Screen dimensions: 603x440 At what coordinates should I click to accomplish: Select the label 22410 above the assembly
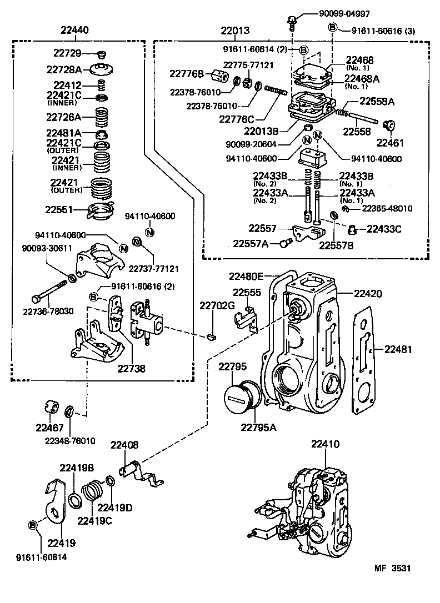pos(324,444)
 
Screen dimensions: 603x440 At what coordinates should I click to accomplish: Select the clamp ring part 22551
pos(99,211)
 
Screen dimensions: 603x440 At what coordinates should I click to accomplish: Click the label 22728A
pos(64,69)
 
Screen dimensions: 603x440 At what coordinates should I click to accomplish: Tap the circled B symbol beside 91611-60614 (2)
pos(303,50)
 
